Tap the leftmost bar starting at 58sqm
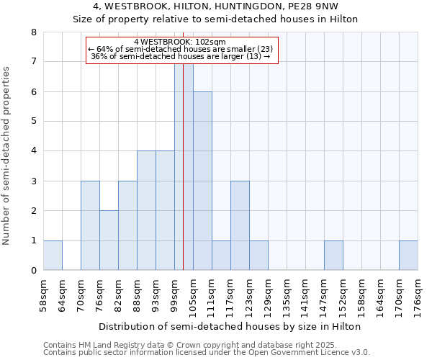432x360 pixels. (x=53, y=256)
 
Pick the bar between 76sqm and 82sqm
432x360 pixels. (x=109, y=240)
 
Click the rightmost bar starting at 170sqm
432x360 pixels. (x=408, y=256)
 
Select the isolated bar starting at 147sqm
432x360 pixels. (x=333, y=256)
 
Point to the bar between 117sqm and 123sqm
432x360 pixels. (x=240, y=226)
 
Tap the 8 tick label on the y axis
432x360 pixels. (x=33, y=32)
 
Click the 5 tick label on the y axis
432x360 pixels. (x=33, y=122)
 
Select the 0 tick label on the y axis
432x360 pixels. (x=33, y=271)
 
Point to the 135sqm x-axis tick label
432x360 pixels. (x=287, y=295)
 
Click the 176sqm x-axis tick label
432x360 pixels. (x=418, y=295)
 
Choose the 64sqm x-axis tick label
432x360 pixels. (x=62, y=295)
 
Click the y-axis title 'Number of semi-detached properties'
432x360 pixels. (x=7, y=156)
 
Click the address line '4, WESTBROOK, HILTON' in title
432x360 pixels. (x=215, y=6)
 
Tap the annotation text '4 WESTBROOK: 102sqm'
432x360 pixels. (x=181, y=42)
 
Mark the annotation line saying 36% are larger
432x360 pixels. (x=181, y=57)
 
